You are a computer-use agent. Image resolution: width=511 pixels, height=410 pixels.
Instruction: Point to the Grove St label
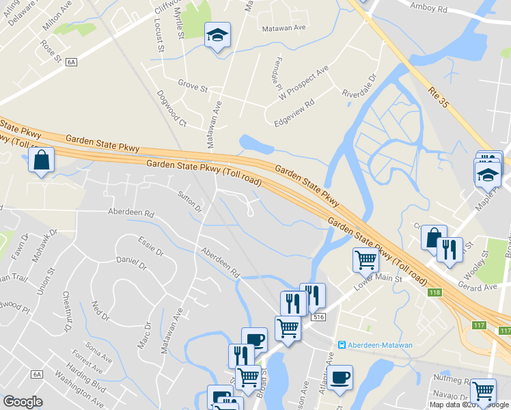[192, 87]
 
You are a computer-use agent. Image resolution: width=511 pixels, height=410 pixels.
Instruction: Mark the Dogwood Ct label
[171, 109]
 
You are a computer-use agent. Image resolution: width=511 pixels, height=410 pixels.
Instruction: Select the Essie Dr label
[151, 247]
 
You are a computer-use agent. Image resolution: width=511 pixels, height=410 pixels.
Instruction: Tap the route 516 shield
[316, 318]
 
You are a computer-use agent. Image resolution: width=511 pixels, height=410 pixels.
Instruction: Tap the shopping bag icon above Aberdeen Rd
[42, 162]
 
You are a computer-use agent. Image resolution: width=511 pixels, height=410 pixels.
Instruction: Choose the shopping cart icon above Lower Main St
[365, 260]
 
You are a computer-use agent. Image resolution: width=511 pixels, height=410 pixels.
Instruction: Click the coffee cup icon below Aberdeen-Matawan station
[340, 377]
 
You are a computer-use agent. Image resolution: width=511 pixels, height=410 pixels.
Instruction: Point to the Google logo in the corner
[23, 402]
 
